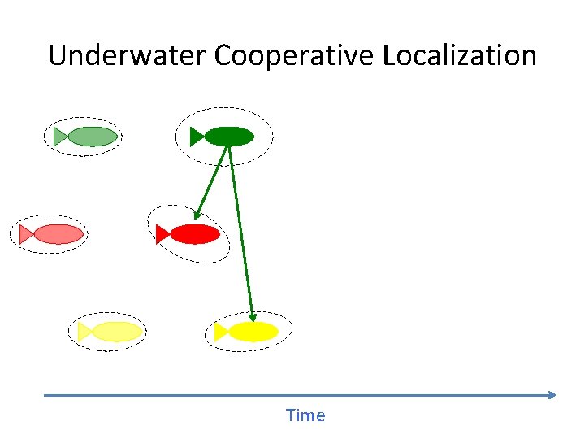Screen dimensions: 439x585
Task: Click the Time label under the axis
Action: (305, 415)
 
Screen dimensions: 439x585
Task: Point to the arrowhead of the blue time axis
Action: (552, 395)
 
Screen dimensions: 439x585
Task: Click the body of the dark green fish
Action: (230, 137)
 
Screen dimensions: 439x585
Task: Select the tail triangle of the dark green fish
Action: (197, 137)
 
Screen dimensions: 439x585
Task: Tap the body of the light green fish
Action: (93, 137)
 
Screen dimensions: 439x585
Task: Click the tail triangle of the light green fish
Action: (60, 137)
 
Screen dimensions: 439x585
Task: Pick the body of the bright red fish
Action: (195, 234)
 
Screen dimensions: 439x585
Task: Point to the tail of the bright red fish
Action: (162, 234)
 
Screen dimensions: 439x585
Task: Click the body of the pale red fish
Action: (58, 234)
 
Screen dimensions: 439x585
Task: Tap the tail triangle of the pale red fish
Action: (26, 234)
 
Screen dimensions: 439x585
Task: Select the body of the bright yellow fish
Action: (253, 332)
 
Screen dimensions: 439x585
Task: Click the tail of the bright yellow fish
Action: (221, 332)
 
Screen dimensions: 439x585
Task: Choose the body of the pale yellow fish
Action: (117, 332)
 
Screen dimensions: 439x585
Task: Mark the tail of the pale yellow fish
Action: (84, 332)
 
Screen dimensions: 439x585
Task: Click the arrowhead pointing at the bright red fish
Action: (197, 215)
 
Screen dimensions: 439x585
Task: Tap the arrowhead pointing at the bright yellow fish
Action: (253, 317)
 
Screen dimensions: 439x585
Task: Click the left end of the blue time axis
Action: (45, 395)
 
